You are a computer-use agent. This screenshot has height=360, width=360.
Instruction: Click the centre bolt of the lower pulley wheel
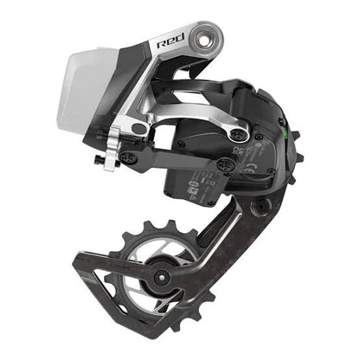160,277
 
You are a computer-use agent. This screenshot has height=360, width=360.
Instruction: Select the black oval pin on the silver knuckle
138,129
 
